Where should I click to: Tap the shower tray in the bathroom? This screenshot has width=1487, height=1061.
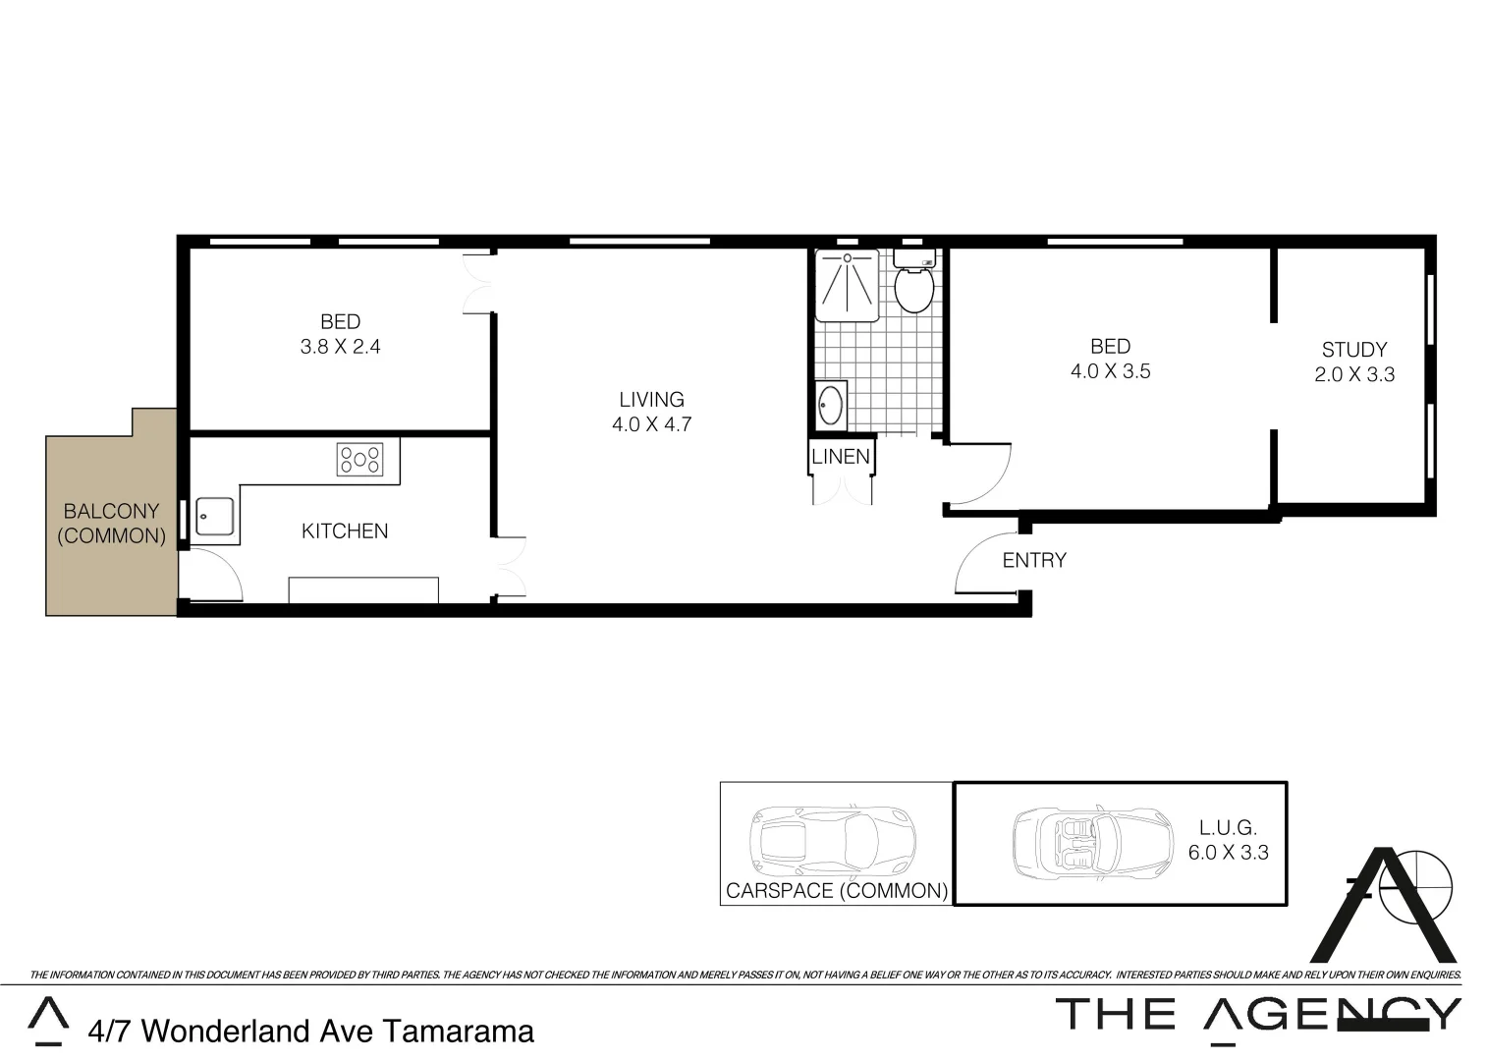(847, 285)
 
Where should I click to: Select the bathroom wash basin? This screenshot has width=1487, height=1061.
(830, 405)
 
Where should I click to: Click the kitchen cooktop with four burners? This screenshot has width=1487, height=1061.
(359, 460)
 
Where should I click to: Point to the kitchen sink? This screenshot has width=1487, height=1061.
(215, 516)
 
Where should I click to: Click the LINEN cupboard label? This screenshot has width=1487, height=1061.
(841, 457)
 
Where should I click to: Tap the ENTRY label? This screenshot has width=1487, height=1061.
(1033, 560)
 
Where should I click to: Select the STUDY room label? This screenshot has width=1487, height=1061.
(1353, 350)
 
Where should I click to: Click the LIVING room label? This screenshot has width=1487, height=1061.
(651, 400)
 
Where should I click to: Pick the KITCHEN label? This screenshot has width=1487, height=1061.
(345, 531)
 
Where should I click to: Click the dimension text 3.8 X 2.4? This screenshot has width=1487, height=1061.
(340, 347)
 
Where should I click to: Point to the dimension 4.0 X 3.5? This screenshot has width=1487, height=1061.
(1110, 371)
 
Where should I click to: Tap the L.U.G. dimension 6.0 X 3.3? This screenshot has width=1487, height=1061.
(1228, 853)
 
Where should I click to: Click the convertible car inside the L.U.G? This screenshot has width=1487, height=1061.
(1092, 843)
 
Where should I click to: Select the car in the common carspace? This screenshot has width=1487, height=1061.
(832, 840)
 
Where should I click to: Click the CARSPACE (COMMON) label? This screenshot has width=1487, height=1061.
(837, 891)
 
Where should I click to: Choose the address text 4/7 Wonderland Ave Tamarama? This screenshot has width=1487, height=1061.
(311, 1032)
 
